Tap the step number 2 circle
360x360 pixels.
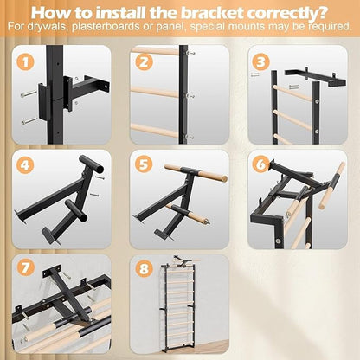pyautogui.click(x=143, y=61)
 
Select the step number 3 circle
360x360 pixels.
pyautogui.click(x=260, y=61)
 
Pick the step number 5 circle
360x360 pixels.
pyautogui.click(x=143, y=164)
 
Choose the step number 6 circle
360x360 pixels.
pyautogui.click(x=260, y=164)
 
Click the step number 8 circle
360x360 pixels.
pyautogui.click(x=143, y=269)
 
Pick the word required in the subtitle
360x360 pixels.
pyautogui.click(x=333, y=27)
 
